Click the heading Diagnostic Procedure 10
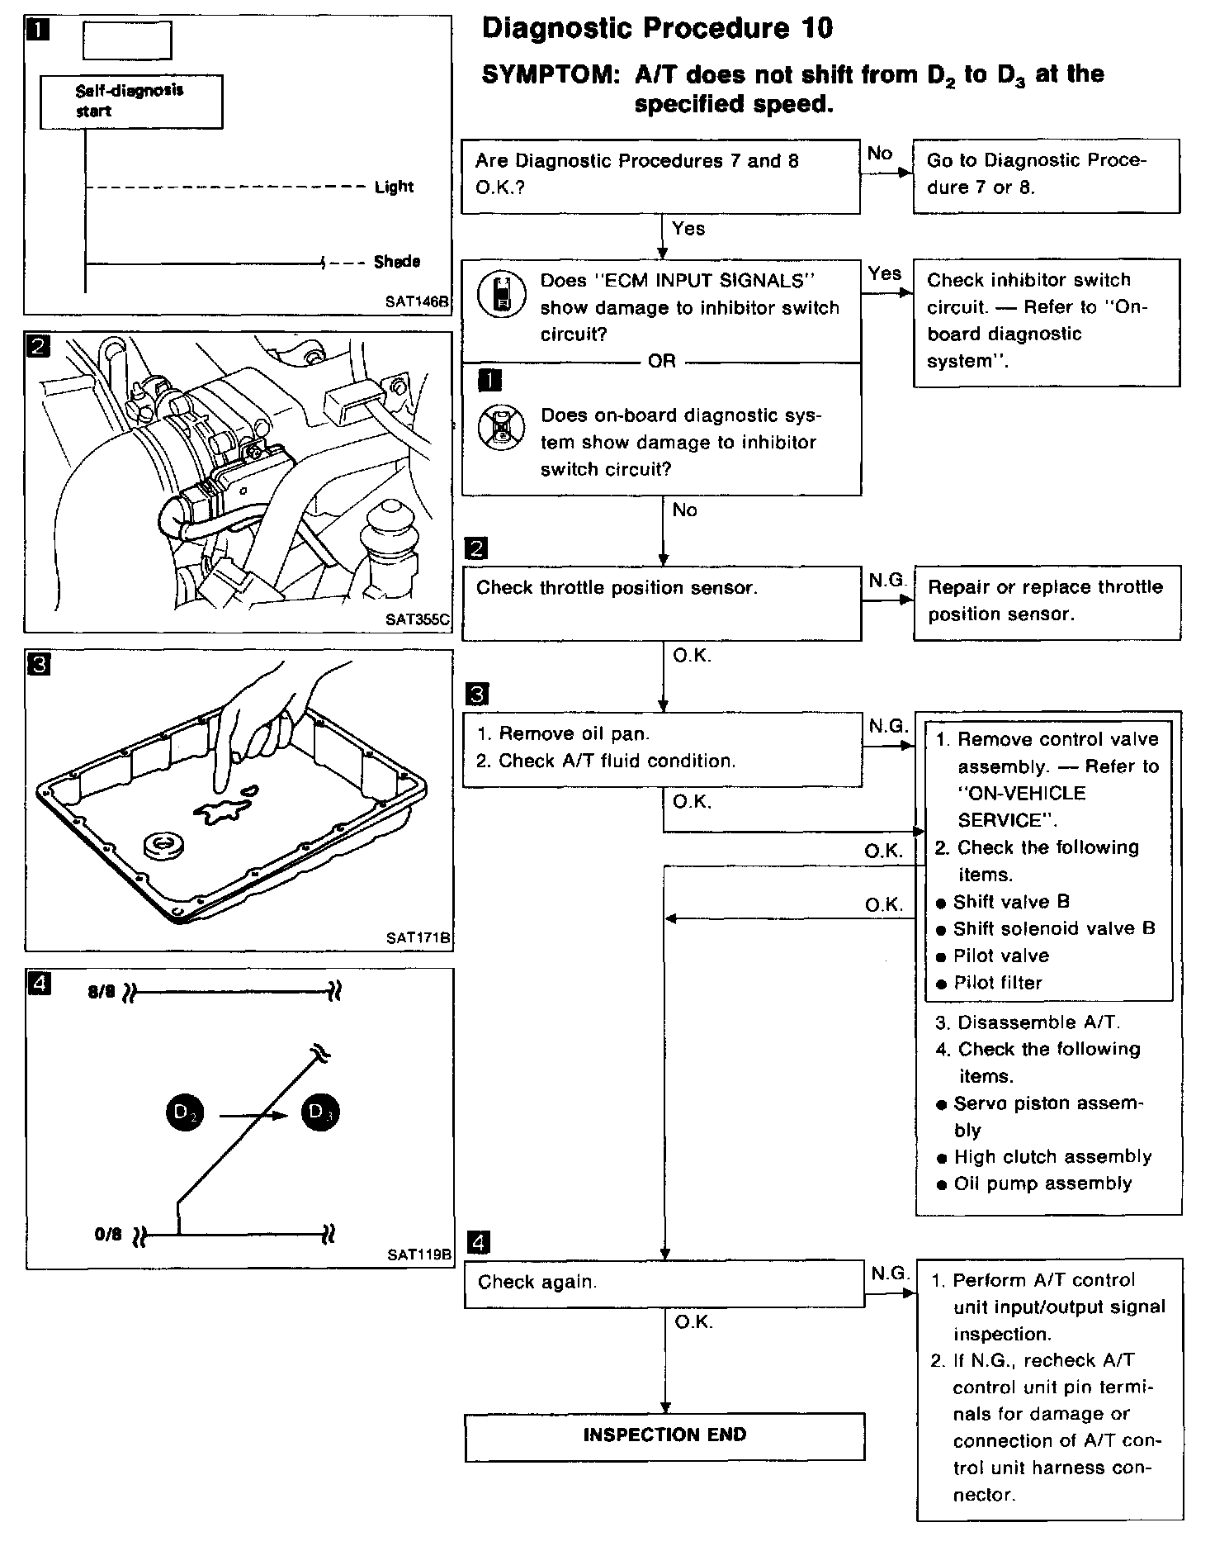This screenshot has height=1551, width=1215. click(x=657, y=29)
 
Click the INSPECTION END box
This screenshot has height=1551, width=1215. click(x=664, y=1435)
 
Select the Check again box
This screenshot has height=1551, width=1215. click(x=664, y=1283)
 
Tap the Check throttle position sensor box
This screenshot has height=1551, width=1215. click(x=660, y=602)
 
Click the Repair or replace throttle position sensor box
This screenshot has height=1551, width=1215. click(x=1046, y=601)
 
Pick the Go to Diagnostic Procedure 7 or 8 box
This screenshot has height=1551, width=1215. click(x=1046, y=175)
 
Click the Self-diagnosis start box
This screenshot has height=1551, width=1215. click(x=131, y=102)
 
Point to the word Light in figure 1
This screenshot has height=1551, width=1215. click(x=394, y=187)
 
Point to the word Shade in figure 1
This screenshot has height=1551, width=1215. click(x=397, y=262)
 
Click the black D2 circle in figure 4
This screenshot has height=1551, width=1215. click(x=185, y=1112)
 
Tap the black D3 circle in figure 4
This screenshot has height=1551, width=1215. click(x=319, y=1112)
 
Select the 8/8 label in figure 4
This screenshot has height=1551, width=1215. click(x=102, y=992)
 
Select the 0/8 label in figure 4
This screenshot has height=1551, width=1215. click(x=108, y=1236)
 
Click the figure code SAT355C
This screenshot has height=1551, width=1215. click(x=418, y=619)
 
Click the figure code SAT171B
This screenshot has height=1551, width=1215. click(x=418, y=937)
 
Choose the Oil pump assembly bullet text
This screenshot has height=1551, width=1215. click(x=1042, y=1183)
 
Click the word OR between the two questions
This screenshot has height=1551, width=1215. click(x=662, y=362)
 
